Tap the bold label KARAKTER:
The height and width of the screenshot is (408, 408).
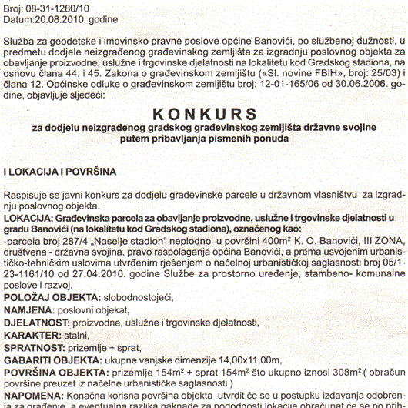click(30, 336)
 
